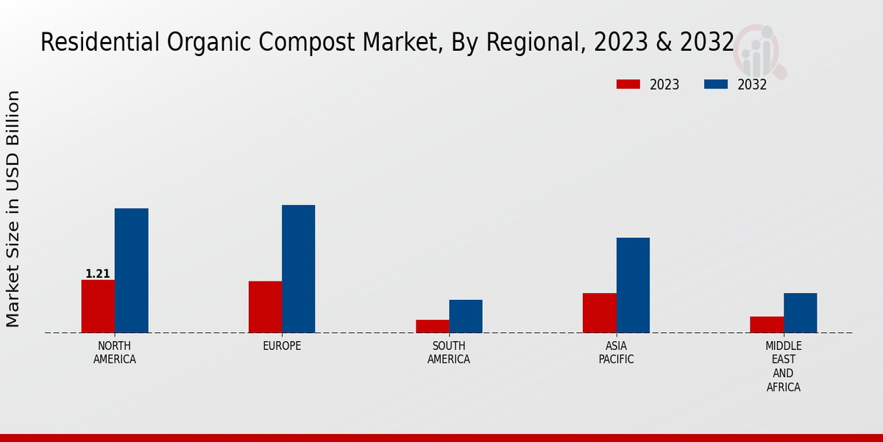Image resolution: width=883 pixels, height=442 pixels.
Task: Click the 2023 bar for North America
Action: [x=98, y=306]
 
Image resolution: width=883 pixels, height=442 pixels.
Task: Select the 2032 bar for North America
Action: [x=131, y=270]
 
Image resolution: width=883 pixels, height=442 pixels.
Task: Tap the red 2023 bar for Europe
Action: [x=265, y=307]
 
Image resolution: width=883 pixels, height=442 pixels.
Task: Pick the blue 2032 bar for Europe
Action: [x=298, y=269]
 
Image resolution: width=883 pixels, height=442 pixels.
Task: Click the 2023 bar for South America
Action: [x=432, y=326]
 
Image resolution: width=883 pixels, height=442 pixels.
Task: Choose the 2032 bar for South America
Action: [x=466, y=316]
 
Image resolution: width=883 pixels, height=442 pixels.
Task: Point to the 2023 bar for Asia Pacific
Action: [x=599, y=313]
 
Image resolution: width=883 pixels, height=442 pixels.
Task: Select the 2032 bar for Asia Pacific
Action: [x=633, y=285]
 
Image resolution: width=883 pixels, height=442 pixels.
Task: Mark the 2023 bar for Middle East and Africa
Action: [x=767, y=325]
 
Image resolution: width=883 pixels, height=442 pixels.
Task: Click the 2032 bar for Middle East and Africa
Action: [x=800, y=313]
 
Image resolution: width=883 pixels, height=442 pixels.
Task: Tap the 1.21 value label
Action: [x=98, y=274]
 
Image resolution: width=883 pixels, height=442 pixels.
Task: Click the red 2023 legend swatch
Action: [x=628, y=85]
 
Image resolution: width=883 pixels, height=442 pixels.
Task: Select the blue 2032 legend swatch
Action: [x=715, y=85]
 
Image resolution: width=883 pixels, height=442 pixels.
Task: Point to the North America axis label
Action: [x=115, y=353]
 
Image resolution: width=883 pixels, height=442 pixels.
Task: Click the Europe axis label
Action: [x=282, y=346]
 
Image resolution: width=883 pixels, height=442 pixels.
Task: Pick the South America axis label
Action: [x=449, y=353]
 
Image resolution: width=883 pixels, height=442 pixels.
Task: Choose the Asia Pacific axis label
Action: [x=616, y=353]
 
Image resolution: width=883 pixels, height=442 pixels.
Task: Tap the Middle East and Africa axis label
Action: [x=783, y=366]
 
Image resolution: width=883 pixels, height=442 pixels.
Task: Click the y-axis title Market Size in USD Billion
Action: [x=13, y=208]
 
